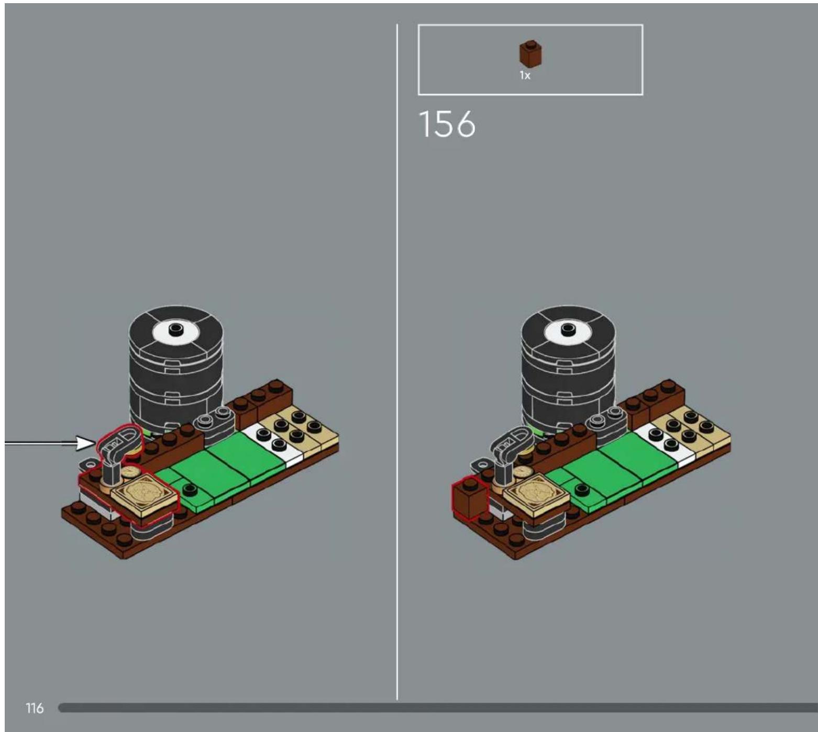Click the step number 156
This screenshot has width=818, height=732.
click(x=447, y=124)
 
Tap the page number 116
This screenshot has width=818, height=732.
click(x=35, y=708)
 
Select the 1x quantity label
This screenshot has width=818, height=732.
click(x=525, y=75)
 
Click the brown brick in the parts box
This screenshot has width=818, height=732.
click(x=530, y=53)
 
